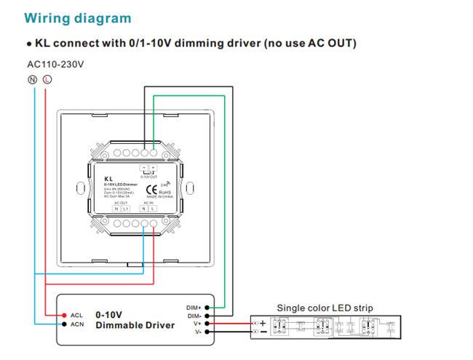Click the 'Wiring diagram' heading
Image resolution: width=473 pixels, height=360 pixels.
(x=78, y=17)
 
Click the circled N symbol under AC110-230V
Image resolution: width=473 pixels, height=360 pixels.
(x=33, y=79)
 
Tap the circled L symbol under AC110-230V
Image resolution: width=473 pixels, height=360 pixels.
(x=47, y=79)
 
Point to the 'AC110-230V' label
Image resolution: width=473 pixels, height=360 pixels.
(x=55, y=64)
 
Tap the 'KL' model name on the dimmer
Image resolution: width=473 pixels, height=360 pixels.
(x=108, y=178)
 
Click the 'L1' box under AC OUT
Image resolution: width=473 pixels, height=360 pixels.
(x=125, y=209)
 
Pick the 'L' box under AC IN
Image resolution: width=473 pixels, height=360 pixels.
(x=153, y=209)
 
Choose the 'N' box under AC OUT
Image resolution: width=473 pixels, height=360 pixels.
(x=116, y=209)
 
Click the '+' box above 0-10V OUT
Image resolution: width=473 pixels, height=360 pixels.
(x=153, y=169)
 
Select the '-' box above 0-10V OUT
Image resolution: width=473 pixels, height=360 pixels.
(x=144, y=169)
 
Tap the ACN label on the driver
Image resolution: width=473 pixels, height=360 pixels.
(x=77, y=324)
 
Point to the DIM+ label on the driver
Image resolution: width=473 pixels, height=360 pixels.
(x=194, y=308)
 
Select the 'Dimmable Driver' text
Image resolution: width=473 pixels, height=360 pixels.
(x=135, y=325)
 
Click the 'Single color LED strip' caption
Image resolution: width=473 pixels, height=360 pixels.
(x=325, y=308)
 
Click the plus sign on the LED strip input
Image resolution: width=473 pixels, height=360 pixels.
(x=263, y=324)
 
